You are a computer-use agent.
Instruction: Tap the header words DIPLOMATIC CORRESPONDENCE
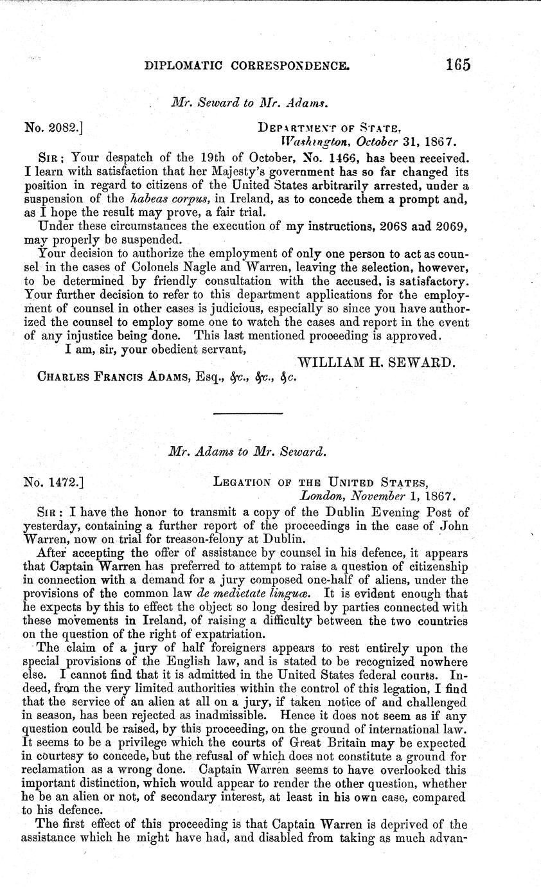(x=248, y=65)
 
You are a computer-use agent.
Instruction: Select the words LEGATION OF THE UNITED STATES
(x=321, y=480)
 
